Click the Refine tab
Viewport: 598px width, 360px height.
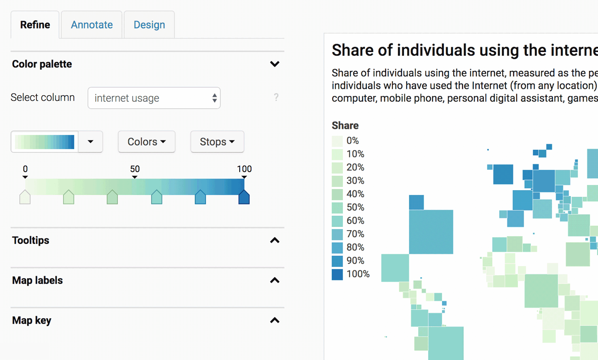point(35,25)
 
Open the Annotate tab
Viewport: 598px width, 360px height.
point(92,25)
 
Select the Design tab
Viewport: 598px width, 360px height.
point(149,25)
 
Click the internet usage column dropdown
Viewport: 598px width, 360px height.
point(154,98)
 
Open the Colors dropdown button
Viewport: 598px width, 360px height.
point(146,142)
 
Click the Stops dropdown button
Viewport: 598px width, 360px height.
point(217,142)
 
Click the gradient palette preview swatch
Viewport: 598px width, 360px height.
point(45,142)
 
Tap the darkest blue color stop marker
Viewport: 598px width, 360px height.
point(244,197)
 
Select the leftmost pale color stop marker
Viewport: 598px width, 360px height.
point(25,197)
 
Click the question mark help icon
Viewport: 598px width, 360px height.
point(276,97)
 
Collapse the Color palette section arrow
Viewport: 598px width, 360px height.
point(275,64)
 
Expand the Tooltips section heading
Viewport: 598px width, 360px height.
point(31,240)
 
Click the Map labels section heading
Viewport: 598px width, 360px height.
point(37,280)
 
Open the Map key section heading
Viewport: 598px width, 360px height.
point(32,320)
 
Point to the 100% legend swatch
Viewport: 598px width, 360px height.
point(337,274)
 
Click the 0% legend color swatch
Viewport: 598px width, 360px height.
point(337,141)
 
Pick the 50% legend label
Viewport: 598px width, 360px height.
point(355,208)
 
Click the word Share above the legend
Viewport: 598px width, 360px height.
point(345,126)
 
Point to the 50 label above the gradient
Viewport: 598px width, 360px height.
point(135,169)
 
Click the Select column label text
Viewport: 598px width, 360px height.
point(42,98)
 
